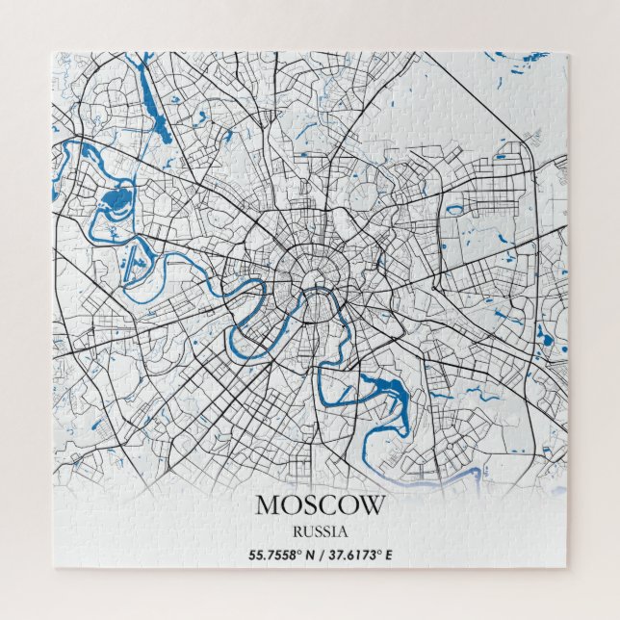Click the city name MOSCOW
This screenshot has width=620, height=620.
[320, 504]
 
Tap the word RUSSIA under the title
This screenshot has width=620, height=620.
[320, 530]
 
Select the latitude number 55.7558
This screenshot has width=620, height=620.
[276, 555]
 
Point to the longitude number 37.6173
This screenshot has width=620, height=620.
[354, 555]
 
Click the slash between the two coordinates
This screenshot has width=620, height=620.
[323, 555]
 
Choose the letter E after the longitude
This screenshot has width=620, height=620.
[389, 555]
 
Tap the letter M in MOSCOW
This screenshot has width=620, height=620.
[267, 504]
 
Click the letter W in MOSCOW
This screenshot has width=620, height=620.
[372, 504]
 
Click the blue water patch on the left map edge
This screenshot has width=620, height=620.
[55, 189]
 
